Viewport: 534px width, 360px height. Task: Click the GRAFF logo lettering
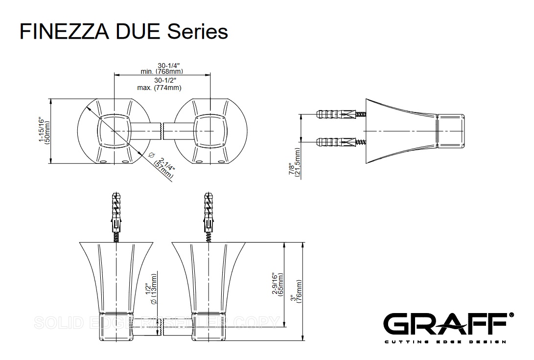point(444,324)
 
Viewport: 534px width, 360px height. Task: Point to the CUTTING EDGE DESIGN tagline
point(444,341)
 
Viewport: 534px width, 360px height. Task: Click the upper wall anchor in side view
point(337,114)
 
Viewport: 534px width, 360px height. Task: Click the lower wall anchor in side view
point(337,143)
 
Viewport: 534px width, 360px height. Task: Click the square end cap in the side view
point(450,131)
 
